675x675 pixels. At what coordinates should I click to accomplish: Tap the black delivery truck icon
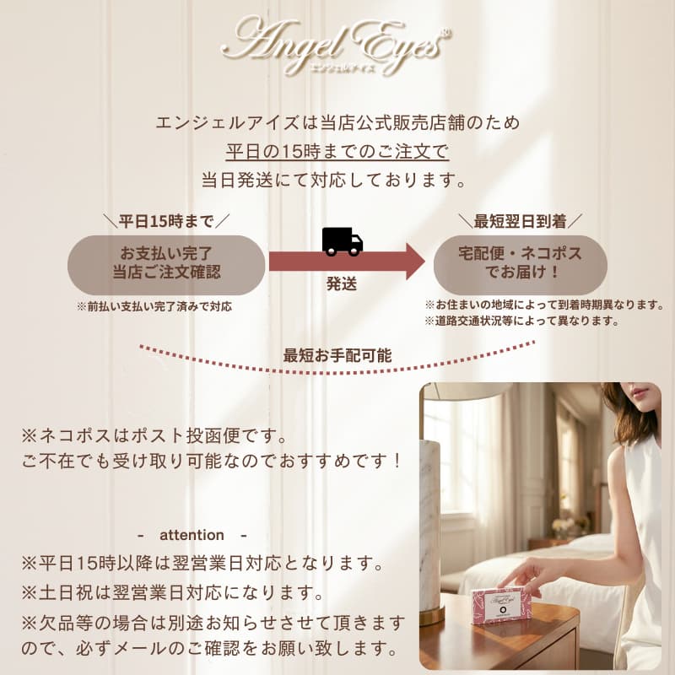[343, 241]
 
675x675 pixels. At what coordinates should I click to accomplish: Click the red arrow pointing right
[347, 262]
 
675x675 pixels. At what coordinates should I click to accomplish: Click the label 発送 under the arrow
[342, 284]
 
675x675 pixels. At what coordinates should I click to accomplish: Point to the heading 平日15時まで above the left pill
[166, 221]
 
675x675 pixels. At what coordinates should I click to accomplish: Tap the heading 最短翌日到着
[520, 221]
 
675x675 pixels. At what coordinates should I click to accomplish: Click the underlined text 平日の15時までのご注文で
[337, 152]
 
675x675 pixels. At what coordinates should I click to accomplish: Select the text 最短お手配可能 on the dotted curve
[337, 355]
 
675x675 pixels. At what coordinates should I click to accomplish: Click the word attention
[192, 535]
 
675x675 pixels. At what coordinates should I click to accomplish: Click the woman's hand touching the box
[530, 575]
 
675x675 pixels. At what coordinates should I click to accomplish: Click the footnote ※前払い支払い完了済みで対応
[154, 306]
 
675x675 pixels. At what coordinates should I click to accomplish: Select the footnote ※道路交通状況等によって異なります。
[521, 321]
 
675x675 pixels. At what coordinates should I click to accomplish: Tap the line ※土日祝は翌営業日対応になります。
[173, 593]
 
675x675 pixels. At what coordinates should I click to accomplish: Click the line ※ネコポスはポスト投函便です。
[154, 436]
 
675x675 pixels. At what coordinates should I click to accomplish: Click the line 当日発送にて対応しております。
[334, 180]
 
